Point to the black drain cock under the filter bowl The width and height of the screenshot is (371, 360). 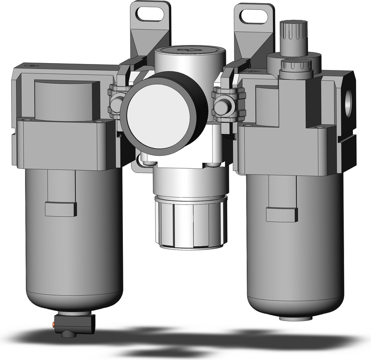pos(75,320)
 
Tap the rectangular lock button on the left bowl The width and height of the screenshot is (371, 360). pos(61,209)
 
